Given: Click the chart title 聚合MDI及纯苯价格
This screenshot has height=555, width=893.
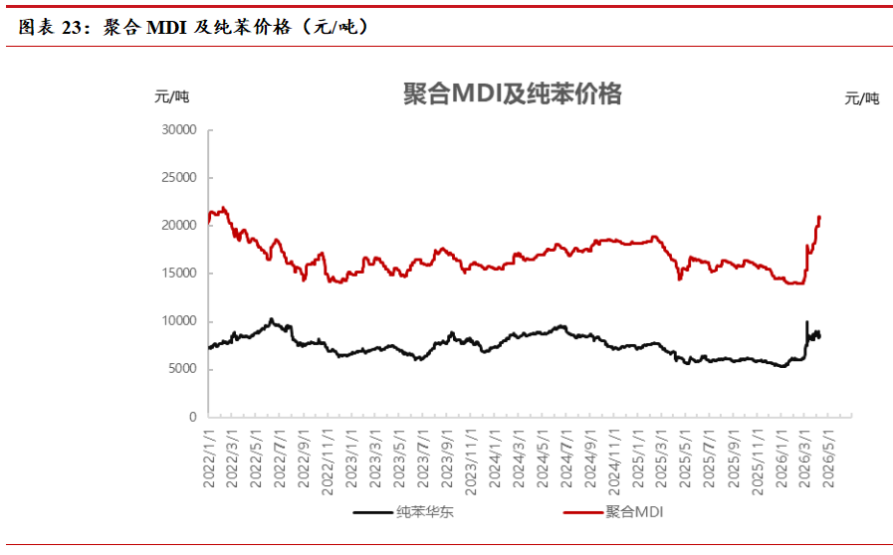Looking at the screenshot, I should (512, 93).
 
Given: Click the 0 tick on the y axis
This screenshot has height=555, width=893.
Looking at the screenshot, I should (193, 417).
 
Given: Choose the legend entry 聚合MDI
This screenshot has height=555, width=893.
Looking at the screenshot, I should (633, 512).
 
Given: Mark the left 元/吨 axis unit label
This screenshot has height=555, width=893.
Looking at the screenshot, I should (171, 96).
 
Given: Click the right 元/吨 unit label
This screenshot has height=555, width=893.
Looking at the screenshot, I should (862, 97).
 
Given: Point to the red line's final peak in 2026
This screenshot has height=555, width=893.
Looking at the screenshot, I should (819, 217).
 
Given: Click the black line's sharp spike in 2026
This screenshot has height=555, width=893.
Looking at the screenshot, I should (806, 322).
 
